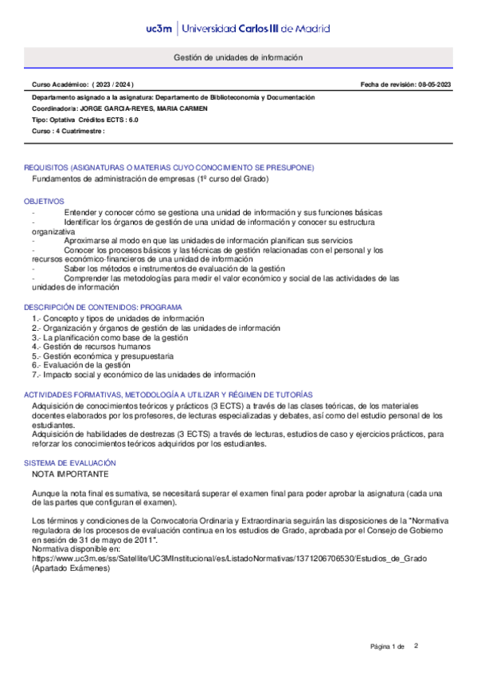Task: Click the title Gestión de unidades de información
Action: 238,58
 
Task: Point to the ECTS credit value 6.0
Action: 132,119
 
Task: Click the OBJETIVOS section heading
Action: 44,201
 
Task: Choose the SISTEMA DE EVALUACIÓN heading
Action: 70,463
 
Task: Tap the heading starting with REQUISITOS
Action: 169,167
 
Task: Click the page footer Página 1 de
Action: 388,646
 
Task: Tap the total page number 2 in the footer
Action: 416,645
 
